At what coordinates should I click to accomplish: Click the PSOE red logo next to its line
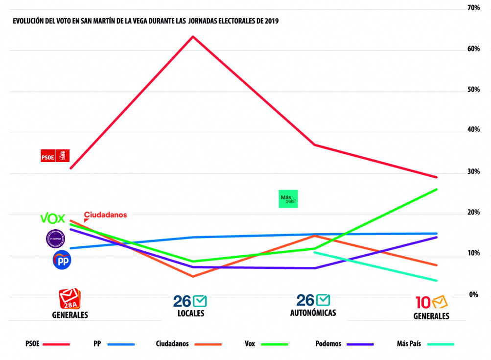pos(55,156)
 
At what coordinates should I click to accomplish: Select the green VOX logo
pos(52,218)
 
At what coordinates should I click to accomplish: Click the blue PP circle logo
pos(62,260)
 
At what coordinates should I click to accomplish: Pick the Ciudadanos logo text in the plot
pos(105,215)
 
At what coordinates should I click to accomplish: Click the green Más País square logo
pos(288,199)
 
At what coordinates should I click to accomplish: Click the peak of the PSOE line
pos(193,36)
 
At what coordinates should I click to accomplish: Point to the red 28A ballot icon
pos(70,298)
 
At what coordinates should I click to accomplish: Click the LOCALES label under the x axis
pos(191,313)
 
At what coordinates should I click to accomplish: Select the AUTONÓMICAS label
pos(313,312)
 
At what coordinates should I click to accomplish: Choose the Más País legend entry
pos(408,344)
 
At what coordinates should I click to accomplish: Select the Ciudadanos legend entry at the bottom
pos(172,344)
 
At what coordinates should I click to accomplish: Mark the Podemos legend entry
pos(328,344)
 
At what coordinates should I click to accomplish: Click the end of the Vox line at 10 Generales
pos(437,189)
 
